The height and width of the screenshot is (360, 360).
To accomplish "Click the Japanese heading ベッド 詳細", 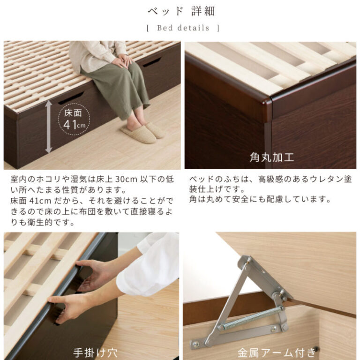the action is pos(181,11).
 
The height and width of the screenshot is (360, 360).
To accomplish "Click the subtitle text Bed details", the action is pos(183,28).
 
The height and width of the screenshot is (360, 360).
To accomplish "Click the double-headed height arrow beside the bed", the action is pos(49,127).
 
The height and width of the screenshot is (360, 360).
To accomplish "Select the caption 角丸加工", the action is pos(272,157).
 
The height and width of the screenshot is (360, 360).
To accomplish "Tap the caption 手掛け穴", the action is pos(95,352).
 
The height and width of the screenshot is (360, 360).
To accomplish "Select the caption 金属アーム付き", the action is pos(277,352).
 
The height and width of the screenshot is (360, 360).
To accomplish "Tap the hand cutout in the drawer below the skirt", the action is pos(151,62).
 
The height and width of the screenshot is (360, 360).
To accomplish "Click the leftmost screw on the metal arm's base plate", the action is pos(195,344).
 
